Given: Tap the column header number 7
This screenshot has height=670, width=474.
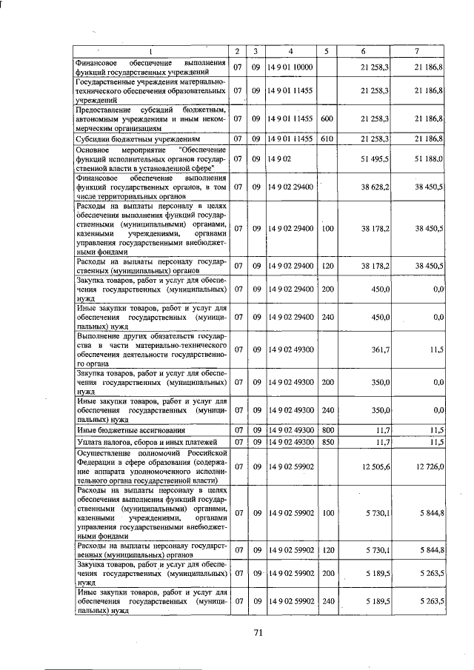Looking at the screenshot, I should (x=417, y=51).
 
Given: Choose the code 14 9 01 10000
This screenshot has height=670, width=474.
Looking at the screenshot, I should (x=290, y=67).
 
